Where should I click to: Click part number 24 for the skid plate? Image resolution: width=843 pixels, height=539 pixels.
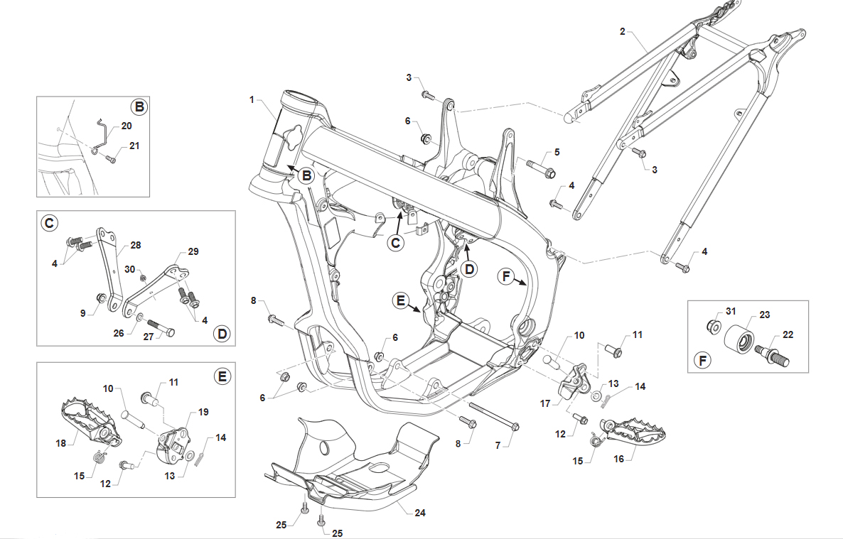pyautogui.click(x=420, y=513)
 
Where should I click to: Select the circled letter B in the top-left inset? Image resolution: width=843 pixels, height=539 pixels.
pyautogui.click(x=139, y=107)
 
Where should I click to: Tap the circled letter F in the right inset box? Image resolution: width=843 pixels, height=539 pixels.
pyautogui.click(x=703, y=360)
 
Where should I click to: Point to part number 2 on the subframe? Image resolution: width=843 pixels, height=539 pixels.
pyautogui.click(x=623, y=32)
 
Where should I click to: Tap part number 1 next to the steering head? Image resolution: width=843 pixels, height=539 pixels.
pyautogui.click(x=251, y=99)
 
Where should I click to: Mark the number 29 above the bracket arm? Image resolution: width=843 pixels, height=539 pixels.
pyautogui.click(x=193, y=251)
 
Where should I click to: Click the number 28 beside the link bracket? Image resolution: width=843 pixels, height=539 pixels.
pyautogui.click(x=136, y=245)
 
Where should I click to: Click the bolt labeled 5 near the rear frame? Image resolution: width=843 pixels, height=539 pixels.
pyautogui.click(x=541, y=168)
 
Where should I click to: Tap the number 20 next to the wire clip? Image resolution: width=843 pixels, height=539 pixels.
pyautogui.click(x=127, y=126)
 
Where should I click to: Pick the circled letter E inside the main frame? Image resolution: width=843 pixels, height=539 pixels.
pyautogui.click(x=401, y=301)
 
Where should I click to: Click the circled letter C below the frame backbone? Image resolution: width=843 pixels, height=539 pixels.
pyautogui.click(x=396, y=243)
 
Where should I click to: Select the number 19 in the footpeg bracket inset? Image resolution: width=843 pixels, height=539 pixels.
pyautogui.click(x=203, y=412)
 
